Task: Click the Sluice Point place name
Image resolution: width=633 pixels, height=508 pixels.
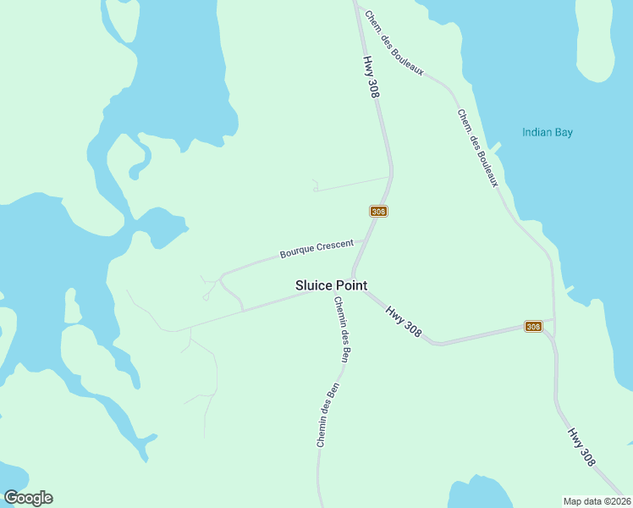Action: tap(331, 285)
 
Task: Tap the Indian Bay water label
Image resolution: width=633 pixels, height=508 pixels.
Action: tap(548, 132)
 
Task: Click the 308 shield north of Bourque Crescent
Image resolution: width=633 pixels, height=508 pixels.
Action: tap(378, 211)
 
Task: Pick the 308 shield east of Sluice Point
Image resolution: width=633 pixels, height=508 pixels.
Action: tap(533, 327)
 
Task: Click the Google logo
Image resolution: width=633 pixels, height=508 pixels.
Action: tap(28, 498)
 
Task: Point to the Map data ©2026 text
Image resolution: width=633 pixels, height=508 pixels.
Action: tap(597, 501)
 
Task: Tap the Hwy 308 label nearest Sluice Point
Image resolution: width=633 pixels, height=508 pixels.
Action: tap(404, 320)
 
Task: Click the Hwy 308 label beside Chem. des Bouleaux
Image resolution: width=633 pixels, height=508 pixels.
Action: tap(371, 77)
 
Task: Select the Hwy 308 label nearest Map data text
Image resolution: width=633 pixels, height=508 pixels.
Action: tap(581, 446)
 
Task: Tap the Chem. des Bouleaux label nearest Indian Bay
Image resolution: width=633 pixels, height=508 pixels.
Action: tap(477, 148)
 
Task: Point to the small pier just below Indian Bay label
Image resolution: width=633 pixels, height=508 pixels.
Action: tap(496, 147)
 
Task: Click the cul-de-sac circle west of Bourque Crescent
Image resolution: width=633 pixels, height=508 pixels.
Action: tap(206, 297)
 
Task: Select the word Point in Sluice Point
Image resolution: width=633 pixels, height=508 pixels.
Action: tap(350, 285)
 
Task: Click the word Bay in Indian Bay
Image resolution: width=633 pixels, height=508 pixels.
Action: tap(564, 132)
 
